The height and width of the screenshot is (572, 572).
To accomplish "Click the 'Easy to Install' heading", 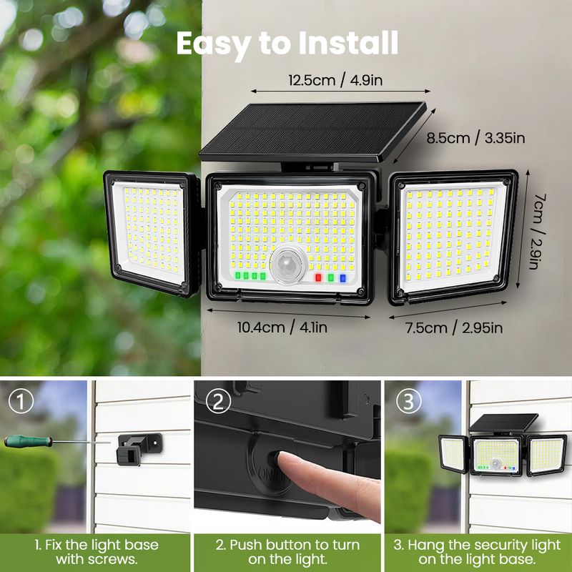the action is [x=287, y=44].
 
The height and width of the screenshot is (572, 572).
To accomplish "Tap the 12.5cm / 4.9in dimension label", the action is [x=335, y=80].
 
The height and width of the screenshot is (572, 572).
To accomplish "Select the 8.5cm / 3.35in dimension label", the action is [x=475, y=138].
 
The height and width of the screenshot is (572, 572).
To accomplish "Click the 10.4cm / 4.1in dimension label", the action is [x=282, y=327].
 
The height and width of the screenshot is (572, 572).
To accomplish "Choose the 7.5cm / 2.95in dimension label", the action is [x=454, y=327].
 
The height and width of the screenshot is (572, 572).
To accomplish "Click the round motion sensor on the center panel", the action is [x=288, y=265].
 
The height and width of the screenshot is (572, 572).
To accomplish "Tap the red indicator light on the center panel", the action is [x=318, y=277].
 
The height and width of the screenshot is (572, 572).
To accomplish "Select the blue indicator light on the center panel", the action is [x=342, y=278].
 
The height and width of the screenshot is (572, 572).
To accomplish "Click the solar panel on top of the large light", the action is [x=313, y=132].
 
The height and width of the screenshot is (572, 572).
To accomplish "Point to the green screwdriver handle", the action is [x=28, y=441].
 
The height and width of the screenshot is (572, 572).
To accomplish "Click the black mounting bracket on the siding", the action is [x=139, y=448].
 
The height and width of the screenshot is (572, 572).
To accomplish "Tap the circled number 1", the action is [x=21, y=401].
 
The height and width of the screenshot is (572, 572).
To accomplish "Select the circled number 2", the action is [x=218, y=401].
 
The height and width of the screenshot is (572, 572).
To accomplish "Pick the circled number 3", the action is [x=408, y=401].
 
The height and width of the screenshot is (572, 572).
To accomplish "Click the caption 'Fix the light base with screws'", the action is [x=97, y=552].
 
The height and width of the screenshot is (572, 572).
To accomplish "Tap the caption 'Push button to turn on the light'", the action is [x=287, y=552].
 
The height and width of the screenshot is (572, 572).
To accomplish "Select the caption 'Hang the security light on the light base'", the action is [x=477, y=552].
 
